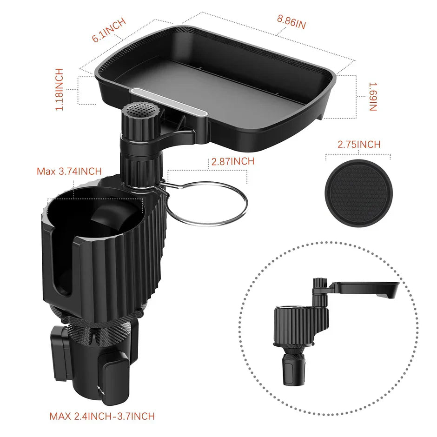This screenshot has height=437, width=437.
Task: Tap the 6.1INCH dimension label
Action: (109, 31)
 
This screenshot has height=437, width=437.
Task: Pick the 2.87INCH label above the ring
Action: (232, 162)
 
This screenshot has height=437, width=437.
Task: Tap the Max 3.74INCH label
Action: (69, 171)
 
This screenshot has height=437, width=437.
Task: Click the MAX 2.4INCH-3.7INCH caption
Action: (102, 416)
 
